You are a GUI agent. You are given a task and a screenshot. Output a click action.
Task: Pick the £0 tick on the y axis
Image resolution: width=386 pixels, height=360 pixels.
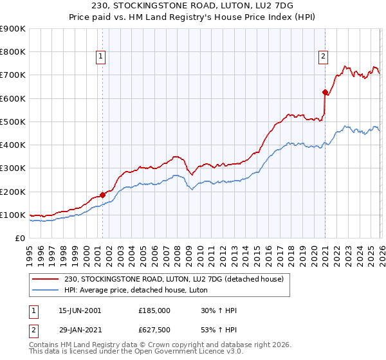(19, 238)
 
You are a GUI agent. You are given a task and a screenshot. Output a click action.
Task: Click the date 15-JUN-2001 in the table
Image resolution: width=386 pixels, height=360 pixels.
(80, 310)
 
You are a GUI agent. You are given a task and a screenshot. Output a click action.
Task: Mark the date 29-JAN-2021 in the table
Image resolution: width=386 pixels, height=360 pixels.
(80, 330)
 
